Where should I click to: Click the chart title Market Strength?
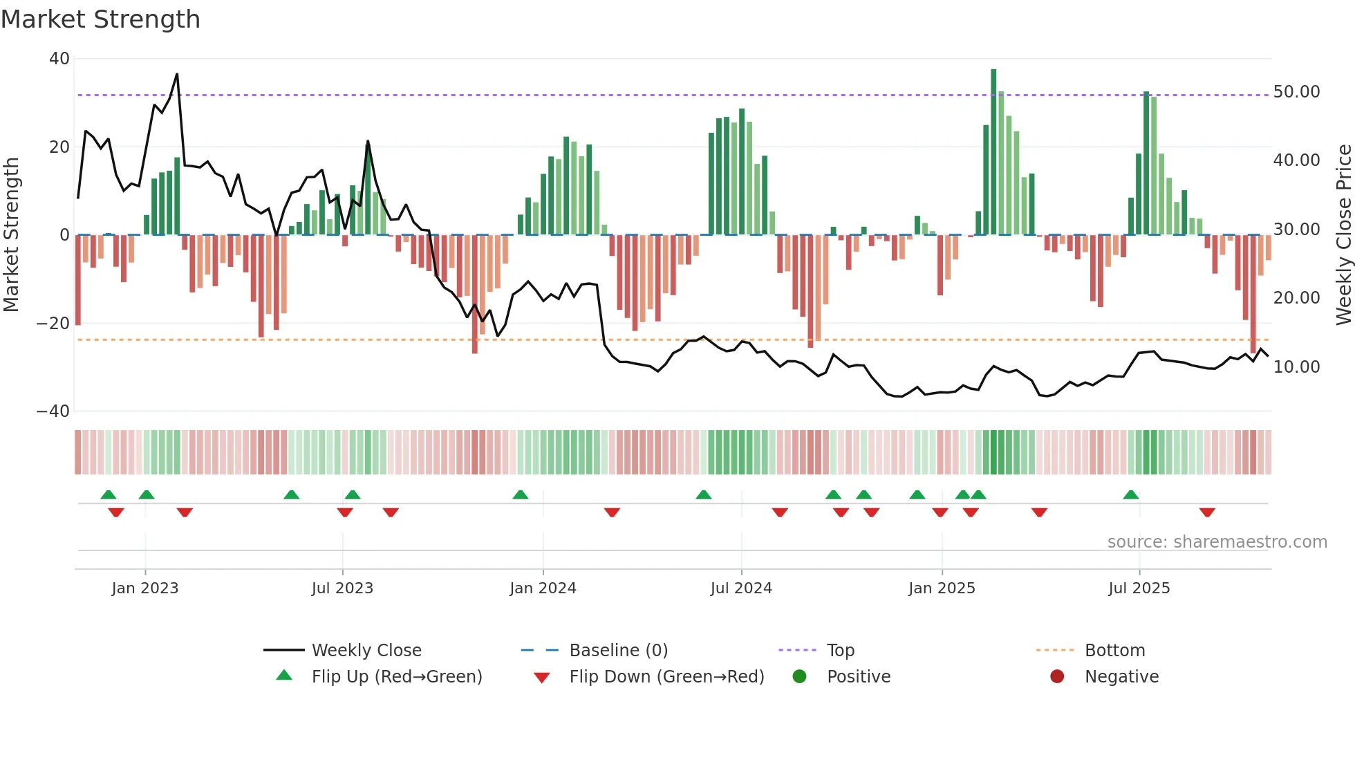click(x=100, y=19)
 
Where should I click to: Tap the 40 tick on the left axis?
click(x=59, y=59)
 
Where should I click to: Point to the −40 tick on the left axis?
click(x=53, y=411)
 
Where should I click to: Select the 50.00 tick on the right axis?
click(x=1296, y=92)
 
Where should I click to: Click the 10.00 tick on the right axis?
click(x=1296, y=367)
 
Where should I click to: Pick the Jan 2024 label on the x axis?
click(x=543, y=588)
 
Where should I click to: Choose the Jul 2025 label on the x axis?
click(x=1139, y=588)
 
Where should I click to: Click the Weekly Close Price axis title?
click(x=1343, y=235)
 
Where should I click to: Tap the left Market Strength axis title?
click(x=12, y=235)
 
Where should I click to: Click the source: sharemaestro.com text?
click(x=1217, y=542)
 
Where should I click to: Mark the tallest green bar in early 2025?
click(x=993, y=152)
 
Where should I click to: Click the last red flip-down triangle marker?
click(x=1207, y=512)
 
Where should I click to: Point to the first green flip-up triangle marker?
click(x=109, y=494)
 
